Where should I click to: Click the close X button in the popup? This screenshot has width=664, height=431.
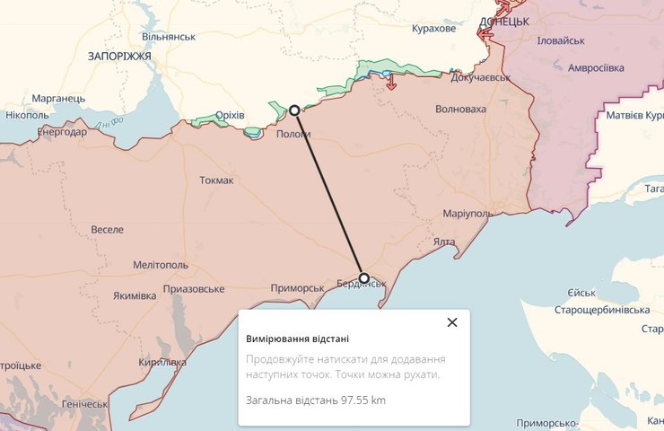[452, 322]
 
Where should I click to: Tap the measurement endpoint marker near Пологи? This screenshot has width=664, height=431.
[294, 110]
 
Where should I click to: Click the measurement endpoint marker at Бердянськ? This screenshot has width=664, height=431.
[363, 277]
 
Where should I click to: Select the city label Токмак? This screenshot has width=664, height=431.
[216, 180]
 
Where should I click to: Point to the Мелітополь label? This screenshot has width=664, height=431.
[161, 266]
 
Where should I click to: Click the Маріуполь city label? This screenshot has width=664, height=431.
[467, 214]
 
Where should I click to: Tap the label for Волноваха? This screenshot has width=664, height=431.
[459, 110]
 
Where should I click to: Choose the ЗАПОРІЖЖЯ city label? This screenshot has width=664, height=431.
[119, 56]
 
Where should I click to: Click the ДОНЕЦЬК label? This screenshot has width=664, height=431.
[503, 21]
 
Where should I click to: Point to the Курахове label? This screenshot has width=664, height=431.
[433, 29]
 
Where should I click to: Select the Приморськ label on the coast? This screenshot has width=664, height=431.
[297, 288]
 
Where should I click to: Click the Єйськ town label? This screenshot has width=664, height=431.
[581, 294]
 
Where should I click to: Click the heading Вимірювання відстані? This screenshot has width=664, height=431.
[297, 339]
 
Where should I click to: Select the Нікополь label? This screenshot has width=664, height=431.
[27, 115]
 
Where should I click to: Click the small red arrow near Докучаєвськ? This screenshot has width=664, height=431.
[391, 84]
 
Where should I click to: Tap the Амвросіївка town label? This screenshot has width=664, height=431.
[596, 67]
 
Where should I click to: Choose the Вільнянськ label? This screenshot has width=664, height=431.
[168, 37]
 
